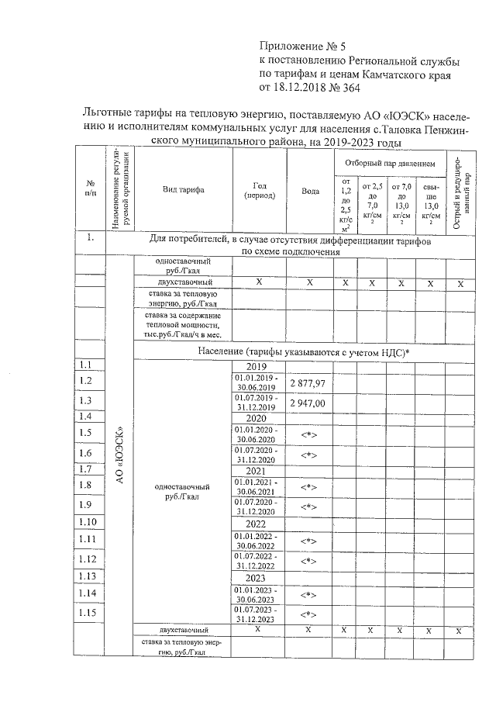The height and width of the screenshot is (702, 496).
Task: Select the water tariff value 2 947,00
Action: [x=308, y=403]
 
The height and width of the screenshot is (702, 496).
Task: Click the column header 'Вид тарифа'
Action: [x=184, y=190]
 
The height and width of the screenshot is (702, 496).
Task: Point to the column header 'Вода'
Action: [x=309, y=190]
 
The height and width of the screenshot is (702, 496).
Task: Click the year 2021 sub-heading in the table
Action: [x=257, y=470]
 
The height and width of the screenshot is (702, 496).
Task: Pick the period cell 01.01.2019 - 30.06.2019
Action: [x=257, y=382]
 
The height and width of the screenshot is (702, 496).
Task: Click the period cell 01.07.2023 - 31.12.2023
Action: [x=257, y=614]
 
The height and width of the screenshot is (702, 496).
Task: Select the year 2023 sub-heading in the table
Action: [x=257, y=578]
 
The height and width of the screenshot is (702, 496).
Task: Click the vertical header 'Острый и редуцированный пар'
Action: [x=460, y=190]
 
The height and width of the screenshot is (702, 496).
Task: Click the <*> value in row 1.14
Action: [x=308, y=595]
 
